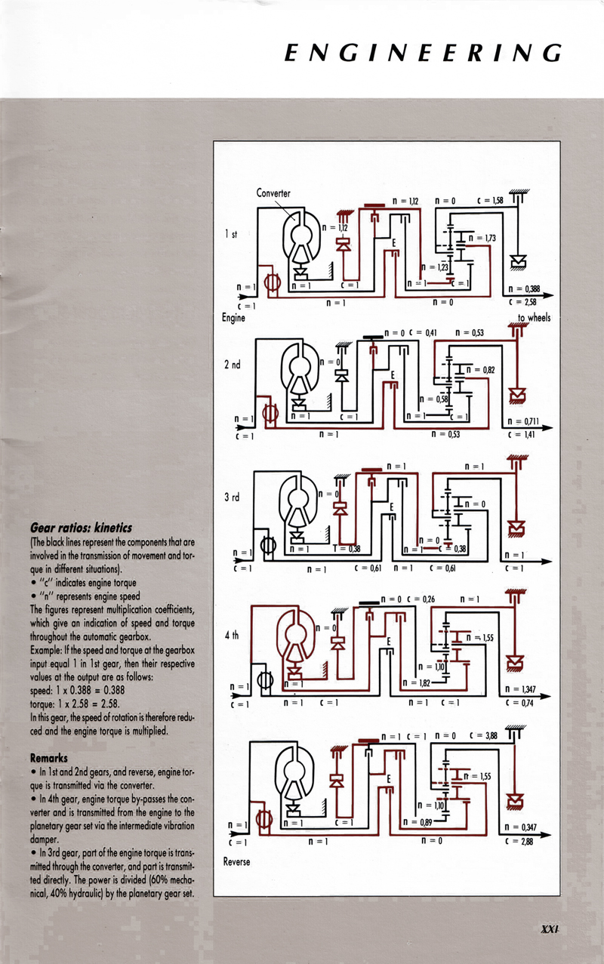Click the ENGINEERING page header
point(423,54)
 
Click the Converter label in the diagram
point(273,192)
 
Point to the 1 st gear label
point(231,236)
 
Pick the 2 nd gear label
point(232,364)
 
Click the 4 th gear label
point(232,636)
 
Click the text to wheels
point(534,318)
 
